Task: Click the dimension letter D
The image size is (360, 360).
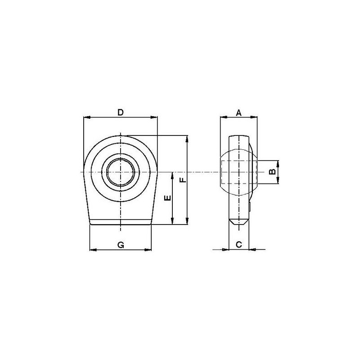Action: click(121, 112)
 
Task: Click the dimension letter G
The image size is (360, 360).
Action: click(121, 245)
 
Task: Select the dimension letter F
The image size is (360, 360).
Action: click(183, 180)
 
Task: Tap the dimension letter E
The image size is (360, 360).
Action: click(168, 198)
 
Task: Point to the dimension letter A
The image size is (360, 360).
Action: click(239, 113)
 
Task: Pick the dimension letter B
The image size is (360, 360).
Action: click(272, 171)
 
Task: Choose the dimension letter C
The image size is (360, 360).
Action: click(239, 244)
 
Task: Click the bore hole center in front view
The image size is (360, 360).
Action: click(121, 172)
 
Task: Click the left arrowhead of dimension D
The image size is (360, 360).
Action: click(87, 117)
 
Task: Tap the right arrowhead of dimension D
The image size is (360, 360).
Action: click(154, 117)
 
